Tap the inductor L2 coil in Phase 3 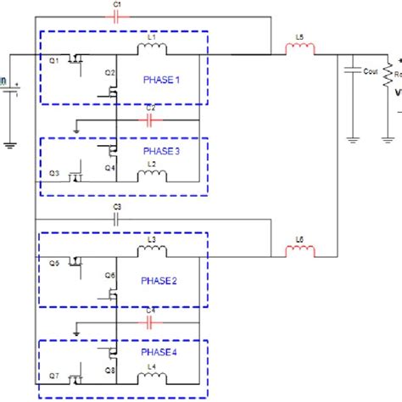153,176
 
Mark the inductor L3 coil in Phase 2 153,250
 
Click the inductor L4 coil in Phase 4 153,377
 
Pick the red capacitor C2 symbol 150,120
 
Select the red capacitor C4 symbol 150,321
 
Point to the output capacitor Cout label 369,71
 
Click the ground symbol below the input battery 9,144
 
